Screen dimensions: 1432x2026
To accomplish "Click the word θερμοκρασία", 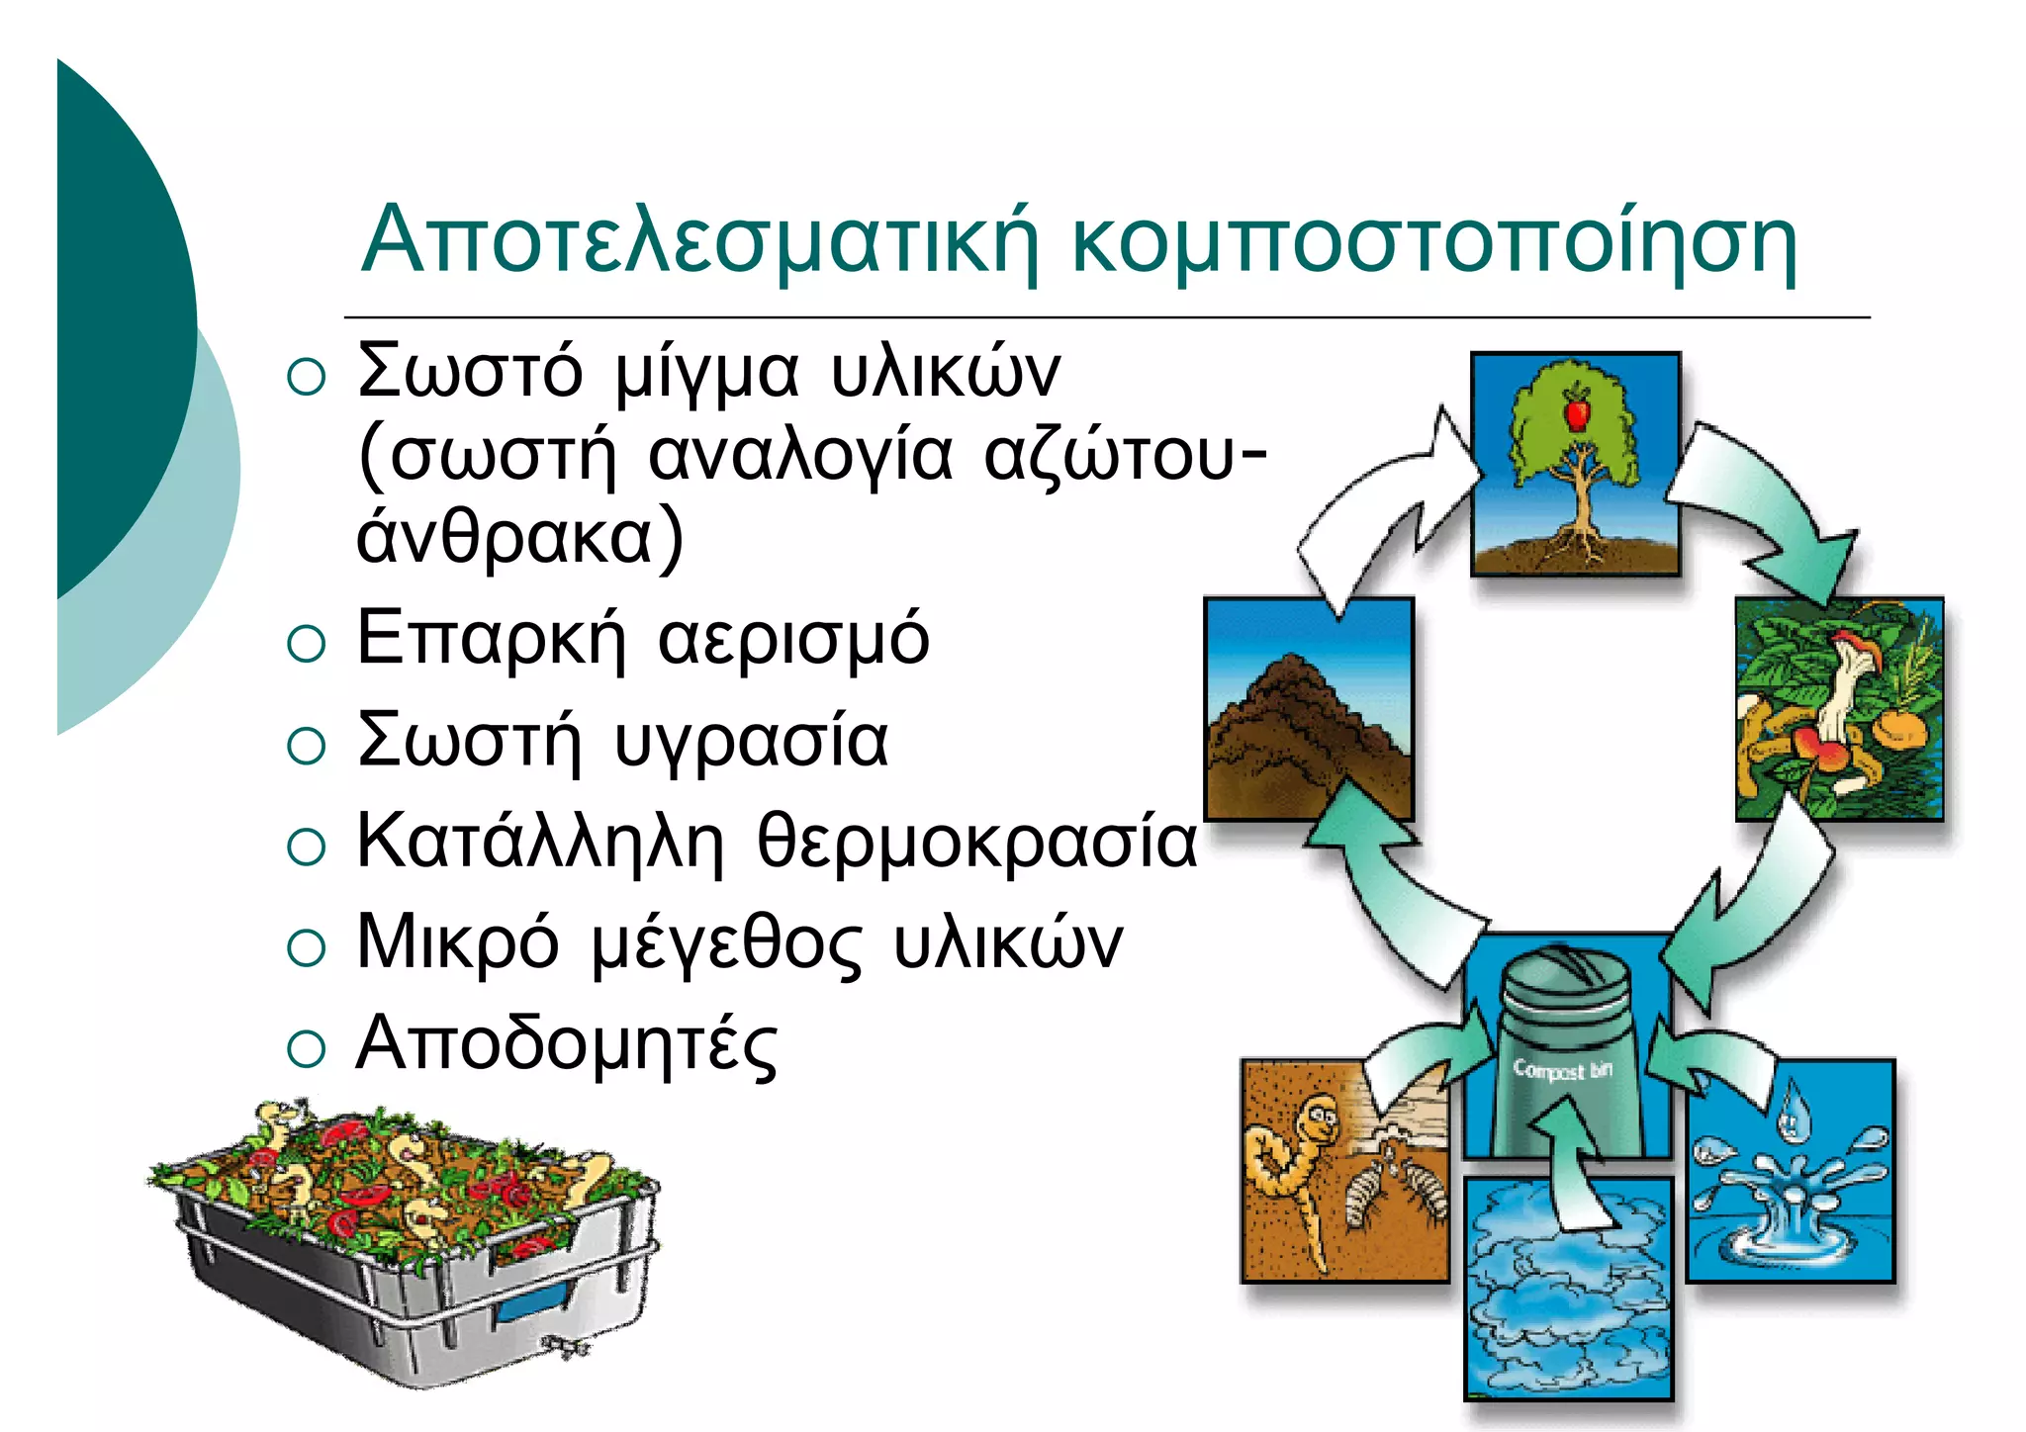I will pos(977,843).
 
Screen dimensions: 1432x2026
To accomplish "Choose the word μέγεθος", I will pos(727,944).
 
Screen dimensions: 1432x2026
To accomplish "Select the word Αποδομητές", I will pos(567,1045).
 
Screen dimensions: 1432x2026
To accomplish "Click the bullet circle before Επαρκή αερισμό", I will pos(306,644).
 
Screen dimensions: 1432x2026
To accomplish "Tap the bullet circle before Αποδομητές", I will pos(306,1048).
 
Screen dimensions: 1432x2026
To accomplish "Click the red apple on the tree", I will pos(1577,409).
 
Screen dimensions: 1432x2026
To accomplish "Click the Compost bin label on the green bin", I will pos(1562,1070).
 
